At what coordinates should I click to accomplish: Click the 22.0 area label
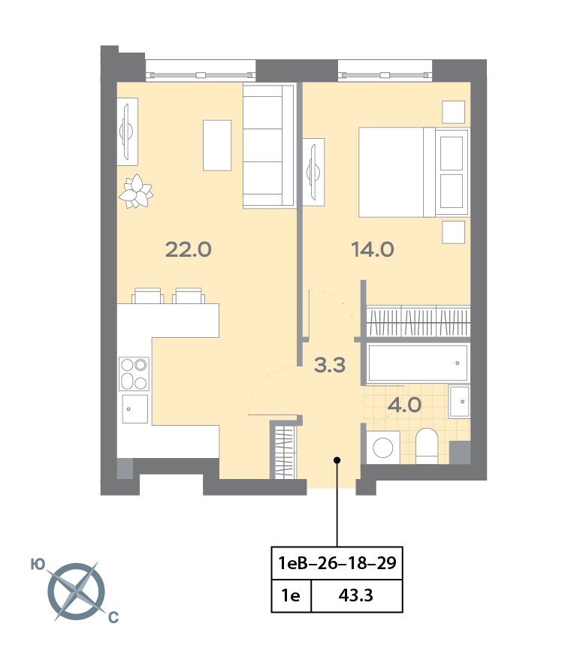click(189, 249)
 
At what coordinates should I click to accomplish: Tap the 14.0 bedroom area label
click(373, 249)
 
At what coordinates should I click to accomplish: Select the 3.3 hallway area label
click(329, 365)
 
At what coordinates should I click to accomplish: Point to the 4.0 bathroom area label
click(404, 405)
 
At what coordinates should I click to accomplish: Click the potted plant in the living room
click(136, 191)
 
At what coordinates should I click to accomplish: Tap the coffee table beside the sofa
click(217, 146)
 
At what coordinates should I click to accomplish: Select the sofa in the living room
click(269, 146)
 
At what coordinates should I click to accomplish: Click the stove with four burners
click(134, 374)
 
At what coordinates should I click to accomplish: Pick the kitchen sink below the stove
click(135, 408)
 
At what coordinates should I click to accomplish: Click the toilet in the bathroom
click(427, 446)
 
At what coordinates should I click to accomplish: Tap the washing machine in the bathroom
click(383, 448)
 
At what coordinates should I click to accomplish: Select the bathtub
click(417, 363)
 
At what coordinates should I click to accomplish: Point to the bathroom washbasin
click(459, 402)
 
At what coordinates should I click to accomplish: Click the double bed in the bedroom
click(414, 172)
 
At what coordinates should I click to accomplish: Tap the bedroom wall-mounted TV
click(314, 172)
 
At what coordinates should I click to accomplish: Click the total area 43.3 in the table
click(356, 595)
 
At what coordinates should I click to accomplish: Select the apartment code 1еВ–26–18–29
click(337, 563)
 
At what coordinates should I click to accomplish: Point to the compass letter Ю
click(38, 565)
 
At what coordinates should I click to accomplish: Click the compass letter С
click(113, 617)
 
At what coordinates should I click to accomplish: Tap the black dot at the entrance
click(337, 460)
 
